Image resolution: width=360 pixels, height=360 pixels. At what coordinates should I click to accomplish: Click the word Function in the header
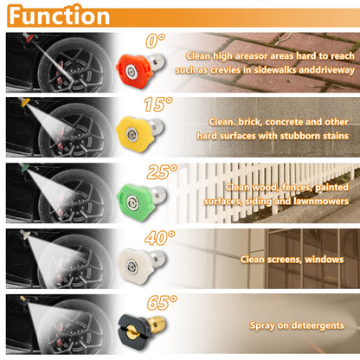click(59, 16)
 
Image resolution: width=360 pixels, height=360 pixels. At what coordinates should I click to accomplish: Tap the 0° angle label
click(155, 41)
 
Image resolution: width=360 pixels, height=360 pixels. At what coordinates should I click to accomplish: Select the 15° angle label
click(158, 104)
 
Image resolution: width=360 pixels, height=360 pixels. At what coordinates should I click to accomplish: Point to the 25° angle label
click(162, 172)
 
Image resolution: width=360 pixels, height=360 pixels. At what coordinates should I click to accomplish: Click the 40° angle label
click(160, 238)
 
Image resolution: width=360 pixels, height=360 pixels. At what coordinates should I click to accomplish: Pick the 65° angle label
click(162, 303)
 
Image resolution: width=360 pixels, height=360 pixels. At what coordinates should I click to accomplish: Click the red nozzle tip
click(140, 68)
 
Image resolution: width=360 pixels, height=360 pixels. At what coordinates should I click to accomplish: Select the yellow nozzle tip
click(139, 132)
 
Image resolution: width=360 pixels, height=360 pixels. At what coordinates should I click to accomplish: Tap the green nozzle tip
click(141, 200)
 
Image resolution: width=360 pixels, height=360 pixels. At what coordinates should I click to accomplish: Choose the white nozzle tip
click(141, 265)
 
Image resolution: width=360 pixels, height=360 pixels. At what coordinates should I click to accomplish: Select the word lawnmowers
click(321, 201)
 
